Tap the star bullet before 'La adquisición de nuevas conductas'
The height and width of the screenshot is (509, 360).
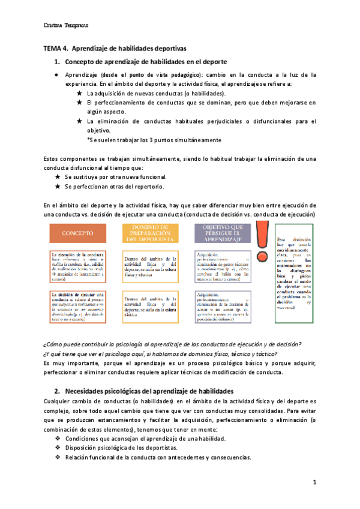click(80, 94)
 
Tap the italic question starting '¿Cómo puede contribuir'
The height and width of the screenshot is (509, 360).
click(173, 345)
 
